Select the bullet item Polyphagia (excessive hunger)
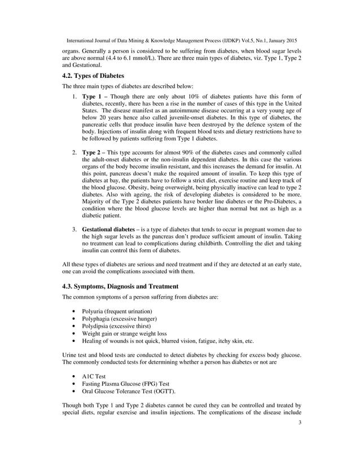115,319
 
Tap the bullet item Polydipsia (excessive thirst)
113,326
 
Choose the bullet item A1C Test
94,376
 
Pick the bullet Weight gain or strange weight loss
124,333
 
